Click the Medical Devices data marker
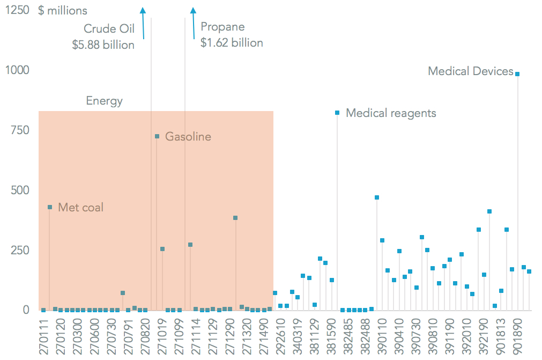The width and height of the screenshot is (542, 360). (x=517, y=74)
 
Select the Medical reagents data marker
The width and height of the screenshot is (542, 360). (x=337, y=113)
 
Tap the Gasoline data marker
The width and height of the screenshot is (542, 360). (x=157, y=136)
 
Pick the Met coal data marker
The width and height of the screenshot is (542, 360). (x=50, y=207)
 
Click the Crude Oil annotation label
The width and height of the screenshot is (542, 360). (x=109, y=28)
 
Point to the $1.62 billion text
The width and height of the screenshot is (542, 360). (x=232, y=43)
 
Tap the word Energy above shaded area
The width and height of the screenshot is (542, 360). (x=104, y=101)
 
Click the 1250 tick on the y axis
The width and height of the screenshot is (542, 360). (x=17, y=10)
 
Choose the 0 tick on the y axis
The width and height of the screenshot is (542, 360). (x=25, y=310)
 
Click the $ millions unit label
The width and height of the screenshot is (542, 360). (x=63, y=11)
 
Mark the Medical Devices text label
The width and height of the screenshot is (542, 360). (x=471, y=71)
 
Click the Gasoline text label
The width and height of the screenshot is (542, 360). (x=188, y=137)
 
